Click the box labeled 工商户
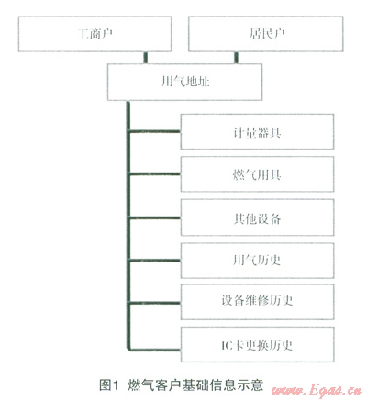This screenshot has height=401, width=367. point(95,34)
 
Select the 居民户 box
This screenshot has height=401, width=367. point(266,34)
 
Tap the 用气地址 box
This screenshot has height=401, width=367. point(184,82)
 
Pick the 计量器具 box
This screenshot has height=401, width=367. point(257,132)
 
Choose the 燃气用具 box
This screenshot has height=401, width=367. point(257,174)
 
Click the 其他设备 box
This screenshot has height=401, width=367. point(257,217)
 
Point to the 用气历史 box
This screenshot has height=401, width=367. point(257,261)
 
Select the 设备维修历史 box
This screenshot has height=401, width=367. point(257,302)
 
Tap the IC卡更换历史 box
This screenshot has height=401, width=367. point(257,345)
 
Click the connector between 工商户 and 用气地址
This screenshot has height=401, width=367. point(146,58)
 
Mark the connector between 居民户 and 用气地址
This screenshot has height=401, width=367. point(236,58)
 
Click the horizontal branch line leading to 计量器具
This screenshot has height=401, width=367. point(154,131)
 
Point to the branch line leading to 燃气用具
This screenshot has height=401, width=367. point(154,174)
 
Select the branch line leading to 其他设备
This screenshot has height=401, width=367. point(154,217)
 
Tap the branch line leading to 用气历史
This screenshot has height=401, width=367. point(154,261)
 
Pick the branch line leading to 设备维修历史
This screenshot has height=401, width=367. point(154,303)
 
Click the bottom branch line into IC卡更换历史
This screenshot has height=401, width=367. point(154,349)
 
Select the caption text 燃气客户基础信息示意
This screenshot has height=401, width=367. point(195,384)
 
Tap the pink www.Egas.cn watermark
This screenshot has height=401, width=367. point(317,390)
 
